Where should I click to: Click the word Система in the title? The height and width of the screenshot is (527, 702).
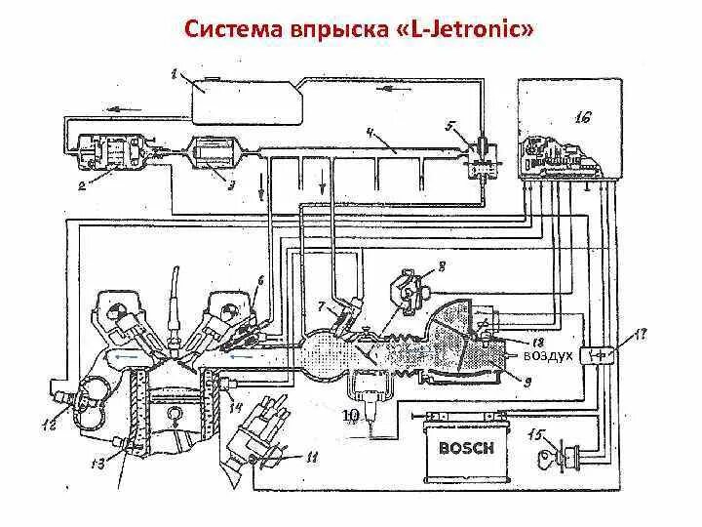click(x=234, y=30)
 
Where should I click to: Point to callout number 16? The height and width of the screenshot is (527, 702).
click(x=583, y=119)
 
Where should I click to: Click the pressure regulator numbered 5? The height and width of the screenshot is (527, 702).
click(x=480, y=154)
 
